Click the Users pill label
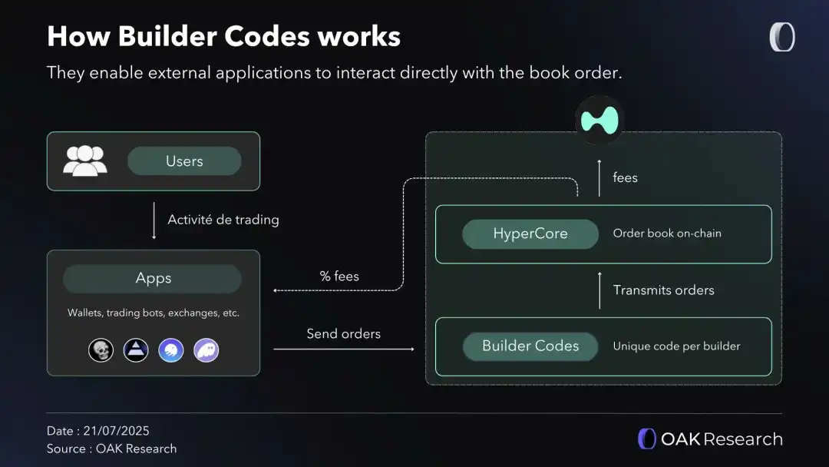184,161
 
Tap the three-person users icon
84,161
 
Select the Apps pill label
153,278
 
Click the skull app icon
101,350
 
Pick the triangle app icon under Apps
136,350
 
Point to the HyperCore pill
530,234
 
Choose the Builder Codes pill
530,346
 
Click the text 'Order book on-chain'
667,233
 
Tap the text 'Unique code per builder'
676,346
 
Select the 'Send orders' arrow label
343,333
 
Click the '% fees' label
339,276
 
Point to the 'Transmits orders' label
663,290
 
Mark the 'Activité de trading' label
223,220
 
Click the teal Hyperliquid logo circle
599,120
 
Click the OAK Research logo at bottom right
710,439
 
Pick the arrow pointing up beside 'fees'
599,177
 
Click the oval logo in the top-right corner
782,38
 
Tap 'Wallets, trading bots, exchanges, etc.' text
154,313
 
